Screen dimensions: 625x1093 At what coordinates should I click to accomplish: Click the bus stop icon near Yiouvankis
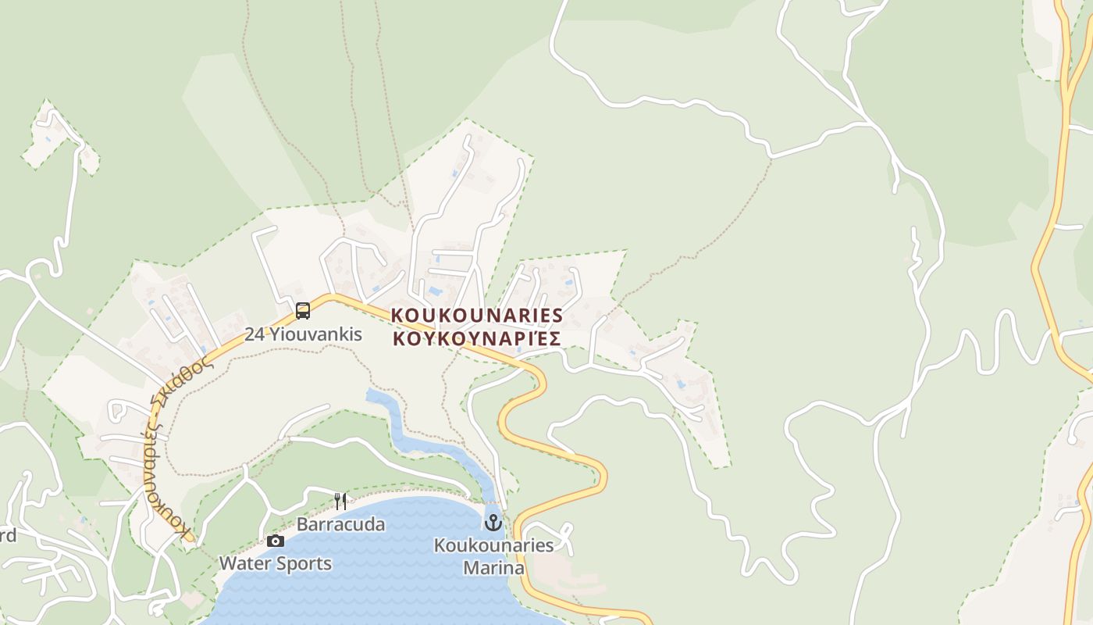303,311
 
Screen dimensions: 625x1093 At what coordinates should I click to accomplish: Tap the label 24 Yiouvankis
304,334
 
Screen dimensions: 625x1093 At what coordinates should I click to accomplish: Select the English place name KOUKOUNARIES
476,315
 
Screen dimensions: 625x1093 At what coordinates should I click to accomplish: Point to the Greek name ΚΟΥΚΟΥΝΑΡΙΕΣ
476,338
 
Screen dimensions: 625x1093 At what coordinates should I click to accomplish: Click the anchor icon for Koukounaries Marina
493,522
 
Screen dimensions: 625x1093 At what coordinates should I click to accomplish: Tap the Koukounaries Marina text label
493,556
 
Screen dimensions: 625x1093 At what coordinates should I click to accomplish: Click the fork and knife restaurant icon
340,501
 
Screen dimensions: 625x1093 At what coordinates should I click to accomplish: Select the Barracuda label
340,524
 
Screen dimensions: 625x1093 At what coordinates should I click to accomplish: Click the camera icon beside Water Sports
275,541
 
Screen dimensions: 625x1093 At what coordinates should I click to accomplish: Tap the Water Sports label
275,563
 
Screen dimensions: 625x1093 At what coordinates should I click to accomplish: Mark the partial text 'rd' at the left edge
7,535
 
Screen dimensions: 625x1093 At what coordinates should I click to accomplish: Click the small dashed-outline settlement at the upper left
59,137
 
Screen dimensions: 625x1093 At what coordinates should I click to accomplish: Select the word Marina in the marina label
493,567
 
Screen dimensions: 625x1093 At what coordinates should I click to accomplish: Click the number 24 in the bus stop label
255,334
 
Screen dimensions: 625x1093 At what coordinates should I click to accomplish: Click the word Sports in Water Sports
304,563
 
